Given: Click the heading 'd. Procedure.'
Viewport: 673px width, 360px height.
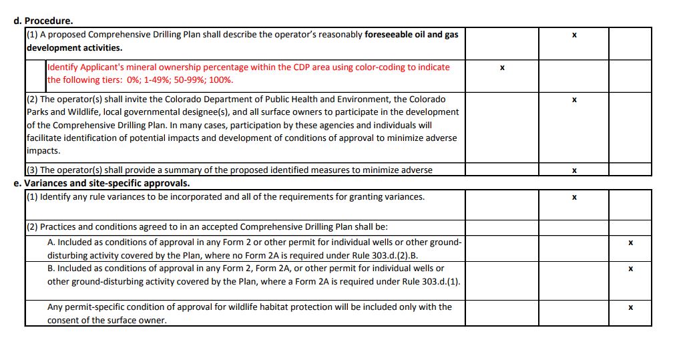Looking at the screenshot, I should coord(44,21).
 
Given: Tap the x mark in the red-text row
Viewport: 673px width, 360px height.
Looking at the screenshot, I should coord(501,68).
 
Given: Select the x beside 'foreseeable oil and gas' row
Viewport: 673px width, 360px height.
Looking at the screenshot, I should coord(574,35).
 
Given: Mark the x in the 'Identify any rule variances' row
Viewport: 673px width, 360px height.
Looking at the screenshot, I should coord(574,198).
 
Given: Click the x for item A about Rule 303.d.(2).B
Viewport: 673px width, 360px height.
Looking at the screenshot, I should coord(630,242).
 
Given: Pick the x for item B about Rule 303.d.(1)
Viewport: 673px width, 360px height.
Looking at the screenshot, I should coord(630,268).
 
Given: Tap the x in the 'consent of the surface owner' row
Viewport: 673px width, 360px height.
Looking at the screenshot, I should coord(630,308).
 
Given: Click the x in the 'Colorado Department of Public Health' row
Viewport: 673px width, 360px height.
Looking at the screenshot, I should coord(574,100).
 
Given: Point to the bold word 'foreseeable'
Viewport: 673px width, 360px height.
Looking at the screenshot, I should coord(389,35).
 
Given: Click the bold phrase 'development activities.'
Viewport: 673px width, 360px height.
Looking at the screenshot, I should coord(75,48).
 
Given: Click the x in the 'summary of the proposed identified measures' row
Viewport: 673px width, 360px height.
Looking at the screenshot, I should coord(574,170).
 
